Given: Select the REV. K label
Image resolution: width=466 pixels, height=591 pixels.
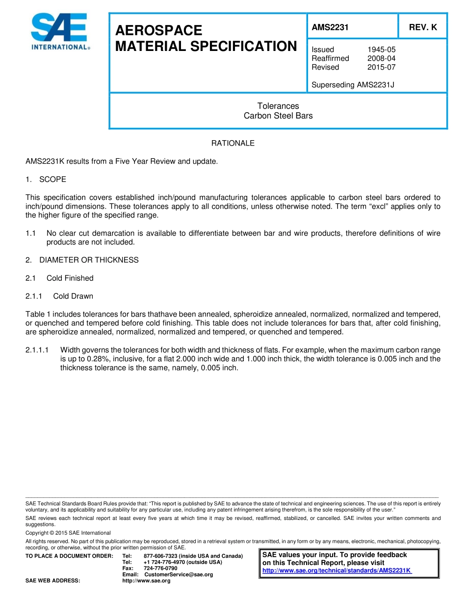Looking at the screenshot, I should (x=423, y=27).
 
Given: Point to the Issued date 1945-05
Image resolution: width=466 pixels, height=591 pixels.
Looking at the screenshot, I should (x=381, y=49).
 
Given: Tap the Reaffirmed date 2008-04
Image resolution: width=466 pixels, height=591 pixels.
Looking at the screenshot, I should (x=381, y=58).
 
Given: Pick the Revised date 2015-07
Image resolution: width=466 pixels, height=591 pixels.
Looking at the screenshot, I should (x=381, y=67).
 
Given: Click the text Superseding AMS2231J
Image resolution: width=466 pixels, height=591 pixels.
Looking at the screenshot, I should (x=353, y=85).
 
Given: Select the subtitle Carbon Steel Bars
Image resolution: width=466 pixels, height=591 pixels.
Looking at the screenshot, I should (x=278, y=116).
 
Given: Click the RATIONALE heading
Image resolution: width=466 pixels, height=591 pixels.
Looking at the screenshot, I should (x=233, y=143).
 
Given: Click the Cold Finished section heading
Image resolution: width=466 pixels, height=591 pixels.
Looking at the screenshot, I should (x=70, y=278).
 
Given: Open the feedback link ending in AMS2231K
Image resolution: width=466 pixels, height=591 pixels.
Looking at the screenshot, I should (x=337, y=571).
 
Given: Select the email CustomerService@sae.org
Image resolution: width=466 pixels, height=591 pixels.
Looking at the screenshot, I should (x=179, y=574).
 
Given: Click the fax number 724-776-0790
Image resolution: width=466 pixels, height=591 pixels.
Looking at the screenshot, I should (x=160, y=568).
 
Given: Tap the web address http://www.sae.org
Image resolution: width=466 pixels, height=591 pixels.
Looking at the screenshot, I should (x=146, y=581).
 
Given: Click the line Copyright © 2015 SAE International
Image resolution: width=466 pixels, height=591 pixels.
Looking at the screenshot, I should (x=68, y=533).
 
